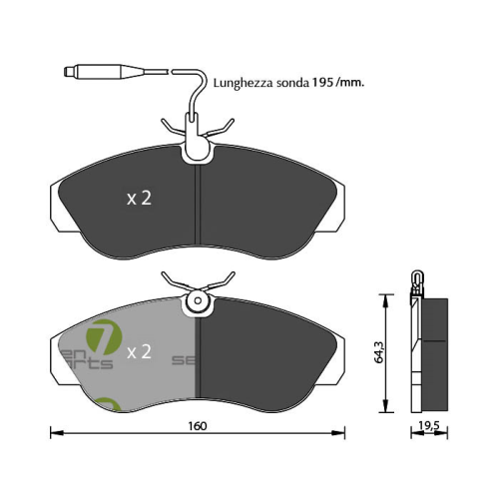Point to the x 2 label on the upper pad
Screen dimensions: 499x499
click(x=138, y=199)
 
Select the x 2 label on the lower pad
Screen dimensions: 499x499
click(x=138, y=351)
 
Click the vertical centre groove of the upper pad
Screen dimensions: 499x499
click(x=200, y=205)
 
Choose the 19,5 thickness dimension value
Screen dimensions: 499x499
click(x=429, y=426)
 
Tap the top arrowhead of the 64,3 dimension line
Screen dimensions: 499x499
click(x=385, y=297)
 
